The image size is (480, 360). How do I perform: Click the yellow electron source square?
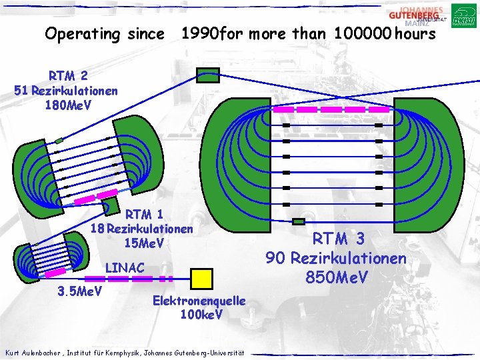[x=201, y=277]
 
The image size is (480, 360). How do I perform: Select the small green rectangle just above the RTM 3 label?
[x=299, y=222]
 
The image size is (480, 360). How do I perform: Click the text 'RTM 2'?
[x=68, y=76]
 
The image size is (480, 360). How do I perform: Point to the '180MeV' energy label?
[x=67, y=105]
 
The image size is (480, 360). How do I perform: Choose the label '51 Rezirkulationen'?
[x=66, y=91]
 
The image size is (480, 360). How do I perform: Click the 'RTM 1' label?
[x=144, y=215]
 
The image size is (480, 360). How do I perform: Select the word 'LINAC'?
[x=125, y=267]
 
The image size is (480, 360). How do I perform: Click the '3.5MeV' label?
[x=79, y=291]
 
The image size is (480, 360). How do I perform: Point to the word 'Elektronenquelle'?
[x=199, y=301]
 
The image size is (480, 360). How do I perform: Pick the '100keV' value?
[x=201, y=314]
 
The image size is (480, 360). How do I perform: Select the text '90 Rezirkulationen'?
[x=336, y=257]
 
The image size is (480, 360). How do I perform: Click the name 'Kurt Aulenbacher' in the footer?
[x=34, y=352]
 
